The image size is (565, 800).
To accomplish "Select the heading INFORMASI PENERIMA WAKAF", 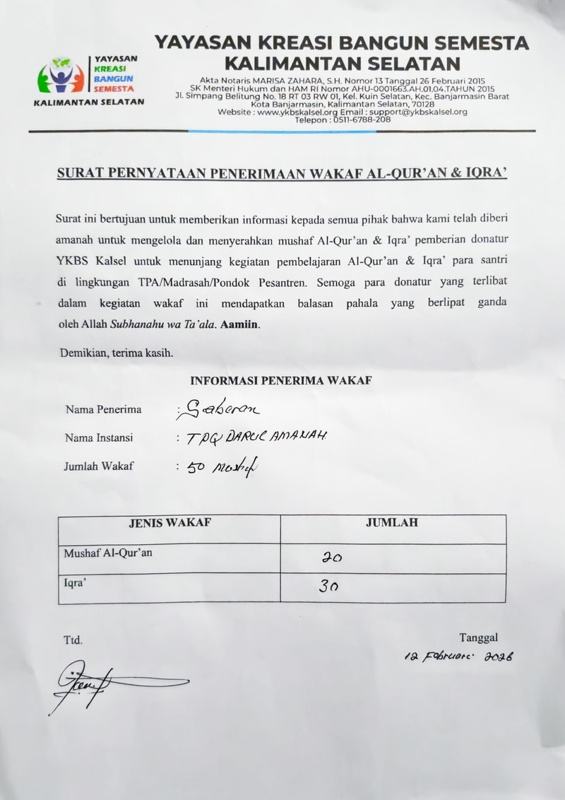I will (x=281, y=380).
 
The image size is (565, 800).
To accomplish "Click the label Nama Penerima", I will (x=103, y=409).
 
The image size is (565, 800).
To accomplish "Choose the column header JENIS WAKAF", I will (x=169, y=523).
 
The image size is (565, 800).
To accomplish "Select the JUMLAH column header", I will (x=392, y=523).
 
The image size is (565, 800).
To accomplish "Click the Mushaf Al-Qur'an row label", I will (x=108, y=553).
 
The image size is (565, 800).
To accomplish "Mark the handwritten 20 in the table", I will (x=332, y=558).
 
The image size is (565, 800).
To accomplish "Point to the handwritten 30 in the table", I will (x=328, y=586).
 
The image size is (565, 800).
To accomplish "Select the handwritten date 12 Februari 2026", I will (x=458, y=657).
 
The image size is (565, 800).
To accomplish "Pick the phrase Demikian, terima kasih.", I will (x=116, y=353).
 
